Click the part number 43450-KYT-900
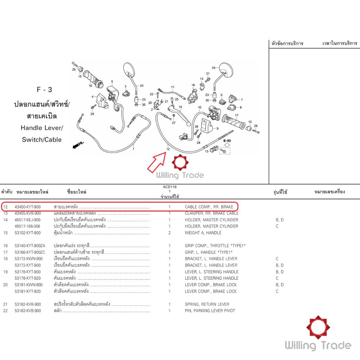(x=28, y=207)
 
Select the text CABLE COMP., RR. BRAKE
(x=209, y=207)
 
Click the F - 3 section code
(x=44, y=90)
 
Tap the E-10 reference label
(x=227, y=141)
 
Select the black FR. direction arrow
(x=78, y=145)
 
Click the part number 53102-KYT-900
(x=28, y=233)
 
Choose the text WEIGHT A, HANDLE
(x=203, y=233)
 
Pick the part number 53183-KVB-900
(x=28, y=311)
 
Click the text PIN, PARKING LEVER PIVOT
(x=210, y=311)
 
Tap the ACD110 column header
(x=170, y=187)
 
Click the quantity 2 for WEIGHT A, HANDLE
(x=170, y=233)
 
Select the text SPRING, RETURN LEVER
(x=207, y=304)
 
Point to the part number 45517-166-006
(x=27, y=226)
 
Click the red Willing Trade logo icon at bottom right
(x=318, y=327)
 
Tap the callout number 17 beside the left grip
(x=237, y=115)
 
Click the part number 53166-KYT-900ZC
(x=30, y=252)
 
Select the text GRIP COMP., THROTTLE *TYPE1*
(x=215, y=246)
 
